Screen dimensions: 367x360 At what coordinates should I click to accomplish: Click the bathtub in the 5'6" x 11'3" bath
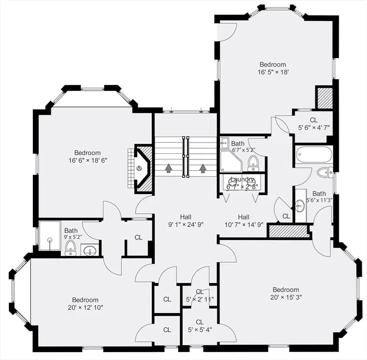[x=314, y=155]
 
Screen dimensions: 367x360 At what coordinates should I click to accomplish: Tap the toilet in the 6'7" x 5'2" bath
[x=253, y=164]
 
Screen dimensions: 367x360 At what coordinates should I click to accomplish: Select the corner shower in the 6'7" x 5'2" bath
[x=231, y=161]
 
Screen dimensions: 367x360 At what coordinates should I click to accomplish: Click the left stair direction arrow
[x=168, y=168]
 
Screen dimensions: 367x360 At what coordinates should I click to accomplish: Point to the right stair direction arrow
[x=203, y=168]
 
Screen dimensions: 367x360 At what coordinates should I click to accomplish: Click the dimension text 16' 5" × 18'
[x=273, y=72]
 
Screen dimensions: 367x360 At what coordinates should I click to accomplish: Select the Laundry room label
[x=242, y=180]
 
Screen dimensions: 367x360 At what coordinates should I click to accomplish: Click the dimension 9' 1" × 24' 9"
[x=186, y=225]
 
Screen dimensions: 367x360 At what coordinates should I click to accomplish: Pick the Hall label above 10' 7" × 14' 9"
[x=244, y=217]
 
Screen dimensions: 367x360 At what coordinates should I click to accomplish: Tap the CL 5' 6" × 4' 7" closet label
[x=314, y=124]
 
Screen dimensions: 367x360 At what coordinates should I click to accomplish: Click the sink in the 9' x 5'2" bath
[x=90, y=251]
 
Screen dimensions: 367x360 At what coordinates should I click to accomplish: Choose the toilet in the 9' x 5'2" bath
[x=70, y=248]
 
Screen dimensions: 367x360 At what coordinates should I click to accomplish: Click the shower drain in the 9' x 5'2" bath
[x=49, y=240]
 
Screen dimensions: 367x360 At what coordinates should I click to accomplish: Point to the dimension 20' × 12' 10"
[x=86, y=307]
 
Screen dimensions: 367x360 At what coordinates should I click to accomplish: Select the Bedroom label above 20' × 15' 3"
[x=286, y=290]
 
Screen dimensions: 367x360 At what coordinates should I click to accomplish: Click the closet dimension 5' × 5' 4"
[x=200, y=330]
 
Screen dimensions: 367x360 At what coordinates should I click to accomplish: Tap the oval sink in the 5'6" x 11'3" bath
[x=300, y=206]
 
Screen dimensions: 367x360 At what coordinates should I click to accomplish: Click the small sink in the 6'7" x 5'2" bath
[x=224, y=142]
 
